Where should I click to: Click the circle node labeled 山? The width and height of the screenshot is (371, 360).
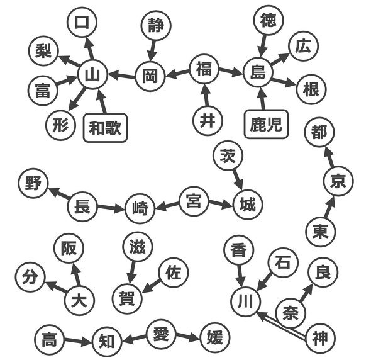coord(92,74)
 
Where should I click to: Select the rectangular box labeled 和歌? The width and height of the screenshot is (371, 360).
coord(105,128)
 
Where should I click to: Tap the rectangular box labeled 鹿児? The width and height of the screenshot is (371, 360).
coord(266,124)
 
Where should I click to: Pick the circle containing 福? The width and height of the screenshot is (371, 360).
coord(204,69)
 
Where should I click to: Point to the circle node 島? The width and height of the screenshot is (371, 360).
coord(258,72)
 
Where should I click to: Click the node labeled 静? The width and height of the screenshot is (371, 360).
coord(156,25)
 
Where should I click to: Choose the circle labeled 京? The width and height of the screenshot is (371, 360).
coord(338,181)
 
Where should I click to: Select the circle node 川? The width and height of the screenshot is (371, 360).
coord(246,301)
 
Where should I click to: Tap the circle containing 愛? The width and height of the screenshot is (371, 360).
coord(161,334)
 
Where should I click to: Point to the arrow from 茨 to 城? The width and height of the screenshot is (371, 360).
coord(238,180)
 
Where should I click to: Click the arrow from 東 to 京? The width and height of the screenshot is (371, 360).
coord(330,207)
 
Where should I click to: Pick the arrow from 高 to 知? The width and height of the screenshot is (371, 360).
coord(77,341)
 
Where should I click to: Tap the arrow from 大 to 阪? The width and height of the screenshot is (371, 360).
coord(76,274)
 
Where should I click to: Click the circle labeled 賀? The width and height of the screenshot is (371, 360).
coord(127,298)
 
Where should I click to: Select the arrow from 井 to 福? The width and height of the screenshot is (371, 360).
coord(206,95)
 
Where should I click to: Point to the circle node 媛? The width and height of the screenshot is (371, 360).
coord(215,337)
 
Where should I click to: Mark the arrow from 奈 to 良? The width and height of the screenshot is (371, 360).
coord(306,293)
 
